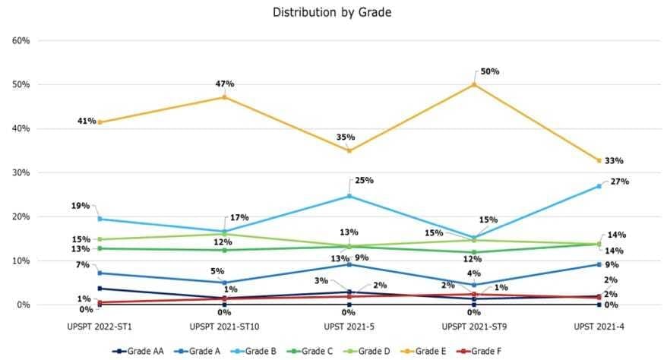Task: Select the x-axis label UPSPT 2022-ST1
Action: (99, 326)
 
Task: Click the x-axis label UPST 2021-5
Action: (349, 326)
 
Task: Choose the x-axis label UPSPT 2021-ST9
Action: (473, 326)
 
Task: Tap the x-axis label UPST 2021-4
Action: (599, 326)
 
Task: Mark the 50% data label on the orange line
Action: (489, 71)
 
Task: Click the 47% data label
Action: (224, 83)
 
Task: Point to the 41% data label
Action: (84, 121)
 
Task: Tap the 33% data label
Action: (614, 161)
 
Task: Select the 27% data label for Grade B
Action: (620, 182)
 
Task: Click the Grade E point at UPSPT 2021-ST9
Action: (474, 84)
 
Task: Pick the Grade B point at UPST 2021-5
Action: (349, 196)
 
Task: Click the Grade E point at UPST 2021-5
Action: (349, 150)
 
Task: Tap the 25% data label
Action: (364, 181)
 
